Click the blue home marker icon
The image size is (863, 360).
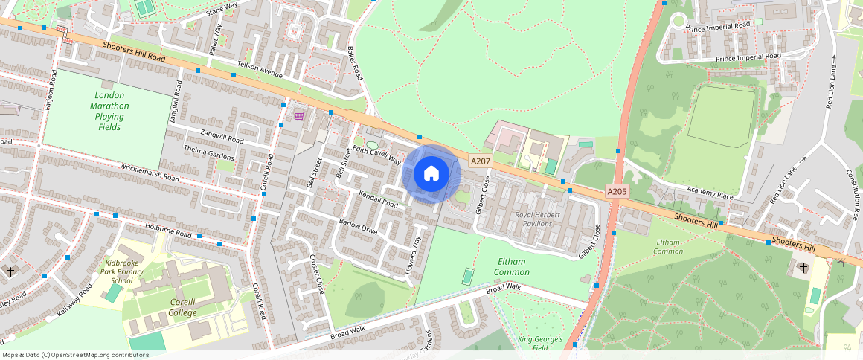tap(431, 174)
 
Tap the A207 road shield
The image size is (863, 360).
tap(480, 161)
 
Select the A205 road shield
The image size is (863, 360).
tap(617, 192)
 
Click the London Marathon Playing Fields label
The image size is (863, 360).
tap(110, 111)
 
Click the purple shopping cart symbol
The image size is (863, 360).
tap(299, 116)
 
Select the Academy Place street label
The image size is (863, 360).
tap(710, 194)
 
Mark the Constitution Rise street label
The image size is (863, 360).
tap(853, 193)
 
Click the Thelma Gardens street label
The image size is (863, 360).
tap(209, 152)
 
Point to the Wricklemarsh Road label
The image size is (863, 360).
tap(150, 172)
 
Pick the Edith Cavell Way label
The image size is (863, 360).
tap(377, 155)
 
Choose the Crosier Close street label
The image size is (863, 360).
tap(317, 274)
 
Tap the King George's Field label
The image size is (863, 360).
tap(539, 343)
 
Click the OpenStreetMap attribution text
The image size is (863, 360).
tap(75, 355)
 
